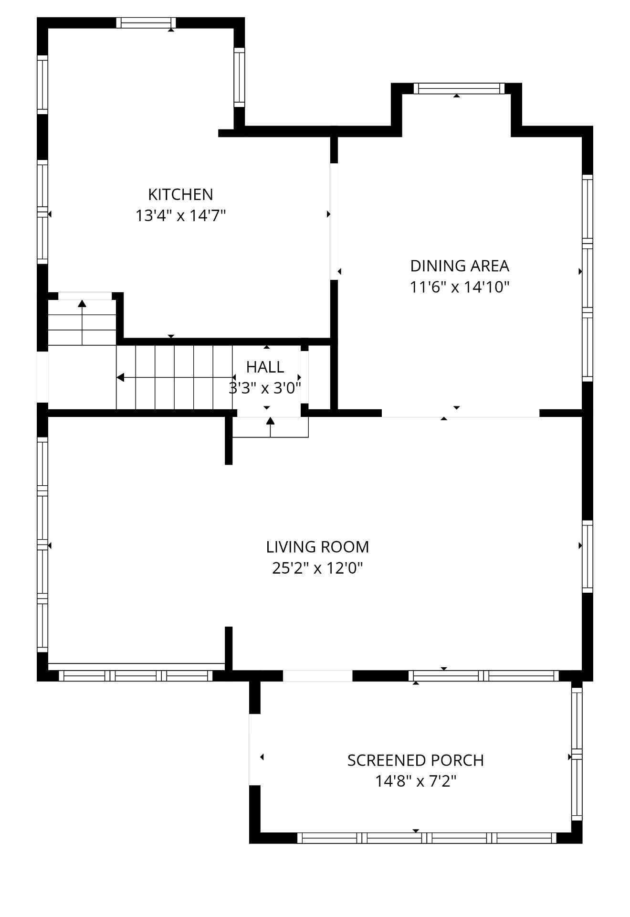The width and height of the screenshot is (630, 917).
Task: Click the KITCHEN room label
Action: pyautogui.click(x=180, y=194)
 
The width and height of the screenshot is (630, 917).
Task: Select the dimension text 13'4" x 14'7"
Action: pyautogui.click(x=180, y=216)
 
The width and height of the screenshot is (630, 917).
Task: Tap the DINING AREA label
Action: pyautogui.click(x=460, y=266)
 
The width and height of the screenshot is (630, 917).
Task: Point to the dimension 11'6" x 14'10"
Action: pyautogui.click(x=460, y=287)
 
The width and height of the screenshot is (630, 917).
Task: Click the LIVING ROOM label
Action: pyautogui.click(x=317, y=546)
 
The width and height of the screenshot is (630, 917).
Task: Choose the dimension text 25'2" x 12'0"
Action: pyautogui.click(x=317, y=568)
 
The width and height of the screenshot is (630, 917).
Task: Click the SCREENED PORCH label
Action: pyautogui.click(x=415, y=760)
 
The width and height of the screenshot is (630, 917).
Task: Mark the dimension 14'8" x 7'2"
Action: pyautogui.click(x=415, y=781)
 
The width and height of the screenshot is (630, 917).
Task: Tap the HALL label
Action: pyautogui.click(x=265, y=367)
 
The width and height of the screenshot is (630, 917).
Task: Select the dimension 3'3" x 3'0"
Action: pyautogui.click(x=265, y=388)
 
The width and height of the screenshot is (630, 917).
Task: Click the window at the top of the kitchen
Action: pyautogui.click(x=146, y=22)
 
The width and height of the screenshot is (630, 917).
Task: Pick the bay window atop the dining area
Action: pyautogui.click(x=459, y=88)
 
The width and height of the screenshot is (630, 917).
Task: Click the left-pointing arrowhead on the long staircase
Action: pyautogui.click(x=121, y=378)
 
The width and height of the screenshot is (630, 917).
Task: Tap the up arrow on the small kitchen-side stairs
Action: pyautogui.click(x=82, y=304)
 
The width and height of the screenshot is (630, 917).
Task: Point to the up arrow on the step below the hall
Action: pyautogui.click(x=270, y=421)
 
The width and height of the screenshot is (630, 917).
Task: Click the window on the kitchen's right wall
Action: pyautogui.click(x=239, y=77)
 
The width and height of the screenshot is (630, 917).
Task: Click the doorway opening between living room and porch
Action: pyautogui.click(x=317, y=676)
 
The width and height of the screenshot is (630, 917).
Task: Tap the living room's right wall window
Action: pyautogui.click(x=587, y=556)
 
